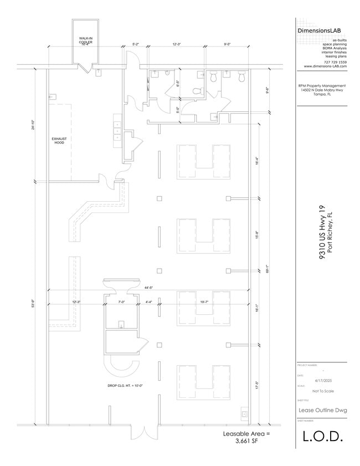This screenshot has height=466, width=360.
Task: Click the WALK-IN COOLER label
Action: [85, 40]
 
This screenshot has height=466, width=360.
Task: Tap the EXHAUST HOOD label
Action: [58, 140]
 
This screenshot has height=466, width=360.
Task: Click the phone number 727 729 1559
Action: [335, 62]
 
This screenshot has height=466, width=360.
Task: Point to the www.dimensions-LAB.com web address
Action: [325, 66]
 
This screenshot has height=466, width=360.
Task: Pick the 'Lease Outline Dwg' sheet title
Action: [322, 410]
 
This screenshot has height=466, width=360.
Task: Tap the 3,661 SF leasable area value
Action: [246, 442]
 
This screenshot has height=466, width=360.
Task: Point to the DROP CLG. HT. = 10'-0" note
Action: [126, 386]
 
